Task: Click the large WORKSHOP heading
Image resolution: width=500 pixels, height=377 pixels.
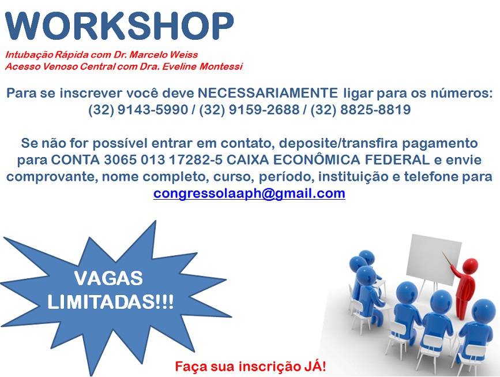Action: (x=119, y=26)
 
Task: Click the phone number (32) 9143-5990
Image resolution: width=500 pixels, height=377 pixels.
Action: (x=138, y=110)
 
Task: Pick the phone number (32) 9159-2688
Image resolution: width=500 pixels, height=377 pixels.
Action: (x=249, y=110)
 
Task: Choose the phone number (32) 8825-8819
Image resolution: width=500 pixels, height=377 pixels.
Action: (x=360, y=110)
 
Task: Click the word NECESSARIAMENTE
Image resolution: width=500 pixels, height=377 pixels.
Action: (x=268, y=93)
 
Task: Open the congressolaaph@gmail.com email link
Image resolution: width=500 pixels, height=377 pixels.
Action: (x=249, y=193)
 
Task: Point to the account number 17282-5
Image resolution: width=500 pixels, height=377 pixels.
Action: (x=196, y=159)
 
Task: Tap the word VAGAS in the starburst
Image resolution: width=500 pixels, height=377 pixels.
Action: (x=108, y=278)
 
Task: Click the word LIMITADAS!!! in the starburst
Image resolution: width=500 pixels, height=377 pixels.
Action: (x=111, y=302)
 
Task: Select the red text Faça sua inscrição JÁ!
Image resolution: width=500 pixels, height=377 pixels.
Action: (x=250, y=366)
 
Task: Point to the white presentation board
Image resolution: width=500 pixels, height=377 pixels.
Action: (x=434, y=259)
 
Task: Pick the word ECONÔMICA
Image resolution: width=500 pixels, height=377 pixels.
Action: (x=317, y=159)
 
